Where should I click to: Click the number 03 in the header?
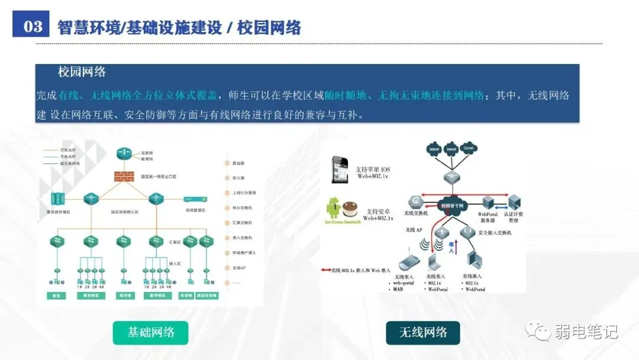point(33,27)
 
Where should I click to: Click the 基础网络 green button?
point(151,332)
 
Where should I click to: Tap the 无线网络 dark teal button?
point(422,332)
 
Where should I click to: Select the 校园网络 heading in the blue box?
point(82,72)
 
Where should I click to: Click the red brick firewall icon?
point(125,176)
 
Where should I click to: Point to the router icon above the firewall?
point(124,153)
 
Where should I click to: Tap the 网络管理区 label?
point(195,210)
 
